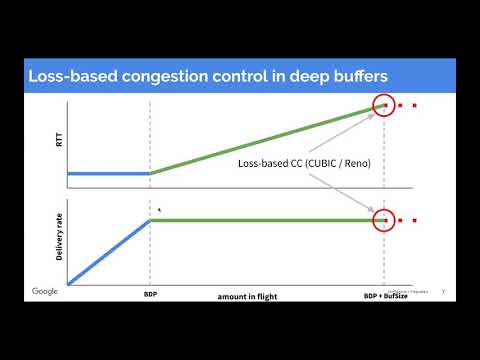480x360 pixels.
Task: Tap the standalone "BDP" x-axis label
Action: click(150, 297)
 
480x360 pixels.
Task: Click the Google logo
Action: click(45, 292)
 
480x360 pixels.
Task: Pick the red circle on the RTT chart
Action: click(382, 106)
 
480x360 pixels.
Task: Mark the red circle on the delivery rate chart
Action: click(382, 221)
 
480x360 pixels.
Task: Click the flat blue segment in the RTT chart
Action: click(108, 173)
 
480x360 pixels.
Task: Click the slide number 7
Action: click(442, 292)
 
